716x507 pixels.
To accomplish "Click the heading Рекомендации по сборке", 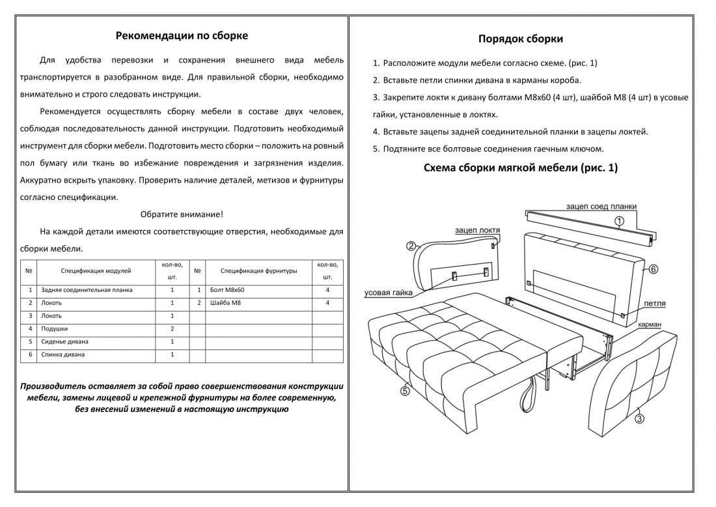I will pos(182,36).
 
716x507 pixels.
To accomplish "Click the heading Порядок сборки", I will pos(521,39).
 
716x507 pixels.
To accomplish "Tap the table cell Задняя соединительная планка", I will pos(87,290).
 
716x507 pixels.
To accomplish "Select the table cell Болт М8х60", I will pos(228,290).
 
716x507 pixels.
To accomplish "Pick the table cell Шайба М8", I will pos(226,303).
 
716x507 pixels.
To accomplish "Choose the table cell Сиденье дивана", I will pos(65,341).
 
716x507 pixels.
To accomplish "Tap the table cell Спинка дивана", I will pos(62,355).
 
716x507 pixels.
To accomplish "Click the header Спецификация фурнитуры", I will pos(258,270).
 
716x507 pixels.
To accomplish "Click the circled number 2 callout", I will pos(411,246).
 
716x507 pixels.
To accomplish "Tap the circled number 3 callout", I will pos(639,419).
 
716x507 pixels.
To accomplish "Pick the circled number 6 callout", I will pos(654,268).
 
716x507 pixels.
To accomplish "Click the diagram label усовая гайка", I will pos(389,293).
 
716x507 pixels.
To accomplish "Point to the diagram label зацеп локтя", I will pos(478,230).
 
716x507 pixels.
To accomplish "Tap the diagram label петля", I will pos(654,304).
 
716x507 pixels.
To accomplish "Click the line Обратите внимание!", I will pos(182,214).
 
